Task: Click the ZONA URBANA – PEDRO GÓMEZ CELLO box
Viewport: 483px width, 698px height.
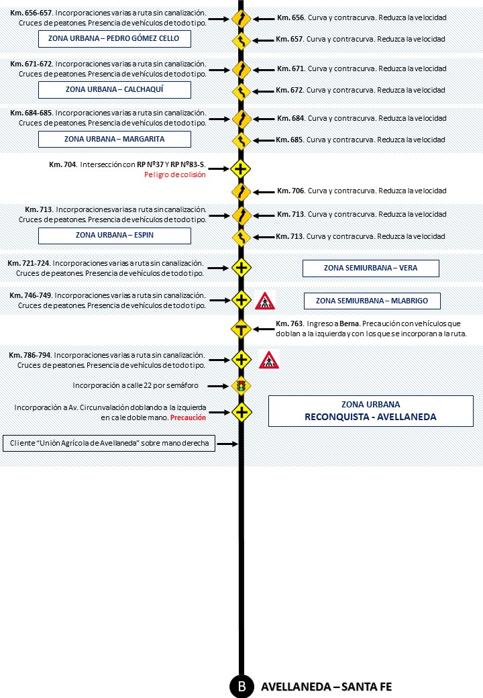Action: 114,39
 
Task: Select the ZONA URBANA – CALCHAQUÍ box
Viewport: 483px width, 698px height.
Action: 114,89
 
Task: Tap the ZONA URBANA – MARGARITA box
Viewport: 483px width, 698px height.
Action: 114,140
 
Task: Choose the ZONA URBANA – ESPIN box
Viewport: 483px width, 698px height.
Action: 114,236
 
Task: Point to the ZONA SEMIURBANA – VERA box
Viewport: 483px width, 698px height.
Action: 370,268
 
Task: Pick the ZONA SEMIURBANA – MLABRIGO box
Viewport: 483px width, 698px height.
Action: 371,301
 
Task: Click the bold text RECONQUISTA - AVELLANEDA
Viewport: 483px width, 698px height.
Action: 370,417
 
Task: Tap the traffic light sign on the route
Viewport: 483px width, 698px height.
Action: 241,386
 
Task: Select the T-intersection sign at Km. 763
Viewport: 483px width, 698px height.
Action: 241,329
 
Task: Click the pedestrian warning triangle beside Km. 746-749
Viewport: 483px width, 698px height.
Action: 265,301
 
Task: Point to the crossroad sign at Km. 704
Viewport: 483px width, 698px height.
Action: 241,168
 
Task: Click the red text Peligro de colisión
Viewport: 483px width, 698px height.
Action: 174,174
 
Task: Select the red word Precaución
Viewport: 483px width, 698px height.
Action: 188,417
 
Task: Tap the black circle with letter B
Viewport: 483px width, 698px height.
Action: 241,686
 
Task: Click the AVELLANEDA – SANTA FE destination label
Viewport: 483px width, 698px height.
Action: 325,687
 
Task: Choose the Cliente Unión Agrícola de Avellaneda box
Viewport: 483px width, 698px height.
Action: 109,444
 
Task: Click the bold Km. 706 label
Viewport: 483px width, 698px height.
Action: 289,191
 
